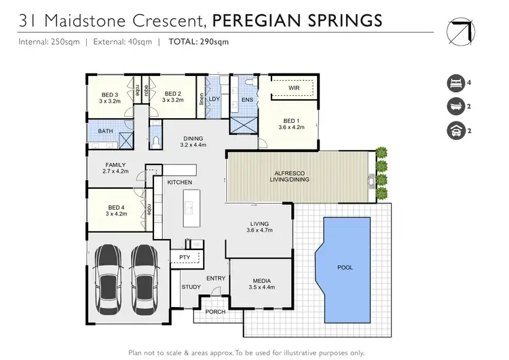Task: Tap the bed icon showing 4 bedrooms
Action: pyautogui.click(x=455, y=84)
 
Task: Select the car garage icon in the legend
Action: pyautogui.click(x=455, y=130)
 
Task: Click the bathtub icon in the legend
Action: pyautogui.click(x=455, y=107)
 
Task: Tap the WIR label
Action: pyautogui.click(x=294, y=88)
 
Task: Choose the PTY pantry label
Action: pyautogui.click(x=184, y=257)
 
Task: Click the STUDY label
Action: pyautogui.click(x=191, y=287)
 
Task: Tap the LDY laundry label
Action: pyautogui.click(x=214, y=99)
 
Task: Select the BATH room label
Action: pyautogui.click(x=105, y=130)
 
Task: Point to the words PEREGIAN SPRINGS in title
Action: pyautogui.click(x=305, y=20)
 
